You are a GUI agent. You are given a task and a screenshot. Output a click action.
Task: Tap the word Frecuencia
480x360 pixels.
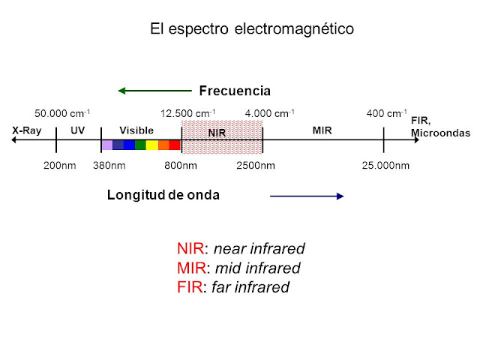click(234, 91)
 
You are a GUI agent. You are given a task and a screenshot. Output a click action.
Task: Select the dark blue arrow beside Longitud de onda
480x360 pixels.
click(306, 196)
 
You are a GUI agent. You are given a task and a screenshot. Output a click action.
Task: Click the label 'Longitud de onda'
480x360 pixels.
click(163, 195)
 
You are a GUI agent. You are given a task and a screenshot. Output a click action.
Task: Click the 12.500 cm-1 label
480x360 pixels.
click(188, 114)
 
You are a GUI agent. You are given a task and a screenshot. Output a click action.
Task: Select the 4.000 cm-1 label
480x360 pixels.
click(269, 114)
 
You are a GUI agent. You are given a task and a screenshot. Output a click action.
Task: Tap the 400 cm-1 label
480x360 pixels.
click(386, 114)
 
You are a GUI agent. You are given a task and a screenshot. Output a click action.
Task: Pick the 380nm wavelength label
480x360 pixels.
click(109, 165)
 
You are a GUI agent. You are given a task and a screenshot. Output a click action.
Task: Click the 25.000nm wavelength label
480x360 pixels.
click(385, 165)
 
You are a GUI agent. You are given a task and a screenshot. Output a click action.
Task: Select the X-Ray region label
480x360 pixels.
click(26, 130)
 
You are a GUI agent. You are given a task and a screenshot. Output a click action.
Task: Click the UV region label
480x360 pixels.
click(78, 130)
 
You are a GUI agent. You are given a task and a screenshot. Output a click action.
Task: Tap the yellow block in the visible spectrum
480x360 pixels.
click(151, 145)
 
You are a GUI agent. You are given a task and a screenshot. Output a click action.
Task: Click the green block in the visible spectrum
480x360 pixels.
click(140, 145)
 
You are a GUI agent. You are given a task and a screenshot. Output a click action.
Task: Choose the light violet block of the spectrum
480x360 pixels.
click(106, 145)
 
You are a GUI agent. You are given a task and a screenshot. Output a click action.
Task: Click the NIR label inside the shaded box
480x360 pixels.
click(217, 133)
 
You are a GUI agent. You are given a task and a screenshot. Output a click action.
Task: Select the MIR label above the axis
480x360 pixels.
click(321, 130)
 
